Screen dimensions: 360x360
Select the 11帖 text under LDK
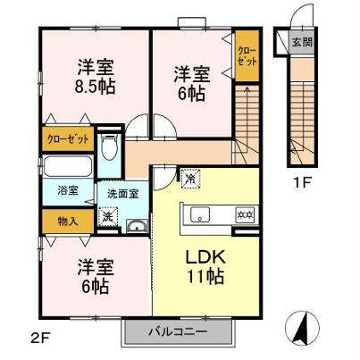[205, 276]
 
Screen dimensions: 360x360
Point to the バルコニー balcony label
[182, 332]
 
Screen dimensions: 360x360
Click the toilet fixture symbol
[108, 147]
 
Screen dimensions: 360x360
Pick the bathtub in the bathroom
[66, 167]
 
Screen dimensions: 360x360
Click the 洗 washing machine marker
[107, 215]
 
